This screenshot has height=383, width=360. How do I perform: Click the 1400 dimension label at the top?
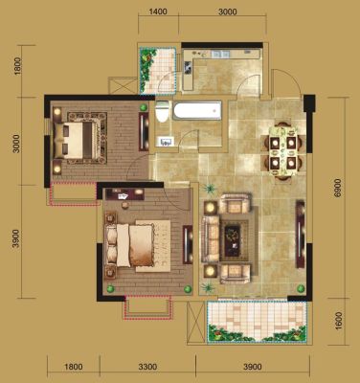tap(158, 11)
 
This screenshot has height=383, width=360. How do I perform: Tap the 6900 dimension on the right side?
tap(338, 189)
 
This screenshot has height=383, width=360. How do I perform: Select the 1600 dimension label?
tap(339, 321)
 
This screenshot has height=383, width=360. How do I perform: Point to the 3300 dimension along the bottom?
tap(147, 367)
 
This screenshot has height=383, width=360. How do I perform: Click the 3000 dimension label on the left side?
tap(16, 144)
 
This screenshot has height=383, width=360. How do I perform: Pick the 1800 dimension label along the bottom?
tap(74, 367)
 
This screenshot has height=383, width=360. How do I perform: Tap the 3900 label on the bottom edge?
tap(253, 367)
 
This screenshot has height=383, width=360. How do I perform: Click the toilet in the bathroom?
tap(162, 111)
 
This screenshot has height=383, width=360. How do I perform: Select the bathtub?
tap(197, 110)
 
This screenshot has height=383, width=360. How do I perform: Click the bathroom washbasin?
tap(165, 142)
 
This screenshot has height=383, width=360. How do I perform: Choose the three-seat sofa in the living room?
tap(210, 238)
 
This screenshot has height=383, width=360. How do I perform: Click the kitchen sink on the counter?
tap(221, 54)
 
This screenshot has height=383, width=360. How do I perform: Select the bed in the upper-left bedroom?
tap(79, 139)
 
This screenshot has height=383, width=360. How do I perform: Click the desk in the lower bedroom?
tap(124, 194)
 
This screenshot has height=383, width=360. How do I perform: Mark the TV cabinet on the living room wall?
tap(300, 235)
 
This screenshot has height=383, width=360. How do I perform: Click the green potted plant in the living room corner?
tap(301, 289)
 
